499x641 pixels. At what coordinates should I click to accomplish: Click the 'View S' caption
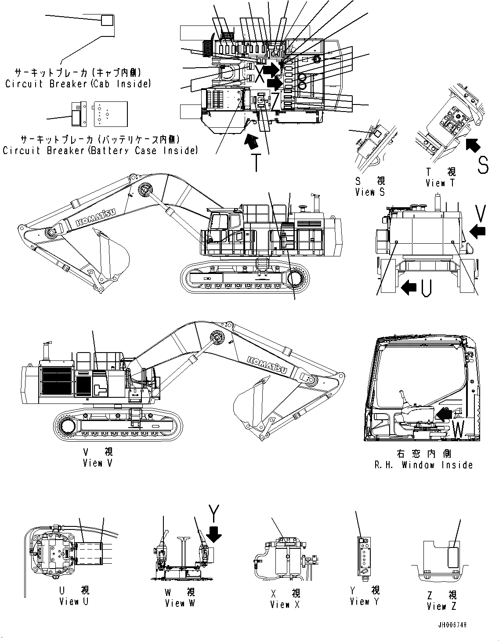click(x=370, y=192)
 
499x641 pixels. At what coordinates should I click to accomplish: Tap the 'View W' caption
click(x=180, y=603)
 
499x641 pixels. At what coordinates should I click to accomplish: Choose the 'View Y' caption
click(x=364, y=601)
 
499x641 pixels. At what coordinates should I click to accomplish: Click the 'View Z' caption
click(x=442, y=606)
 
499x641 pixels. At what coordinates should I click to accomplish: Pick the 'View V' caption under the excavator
click(x=98, y=463)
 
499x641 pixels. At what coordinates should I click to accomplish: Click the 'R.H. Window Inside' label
click(x=423, y=465)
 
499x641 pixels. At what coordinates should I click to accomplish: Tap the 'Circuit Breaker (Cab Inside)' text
click(x=78, y=83)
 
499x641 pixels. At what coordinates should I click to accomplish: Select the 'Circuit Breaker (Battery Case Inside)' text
click(x=100, y=151)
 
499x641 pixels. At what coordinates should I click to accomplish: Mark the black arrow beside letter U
click(x=409, y=288)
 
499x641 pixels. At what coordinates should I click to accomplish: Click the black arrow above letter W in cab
click(x=445, y=413)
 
